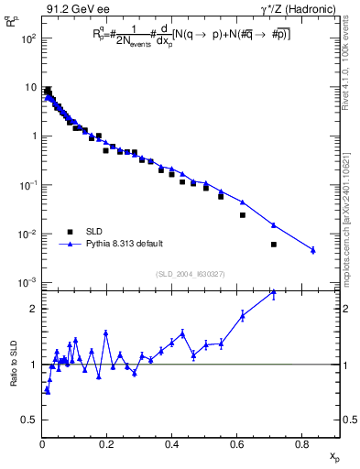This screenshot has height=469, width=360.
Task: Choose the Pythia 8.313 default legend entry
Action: click(x=126, y=244)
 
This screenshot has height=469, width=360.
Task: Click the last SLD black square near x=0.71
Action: click(x=273, y=245)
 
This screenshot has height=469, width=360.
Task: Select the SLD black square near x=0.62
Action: click(x=243, y=215)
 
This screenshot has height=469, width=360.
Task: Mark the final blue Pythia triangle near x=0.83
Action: click(x=312, y=250)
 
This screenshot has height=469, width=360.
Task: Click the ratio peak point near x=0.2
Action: click(x=106, y=333)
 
